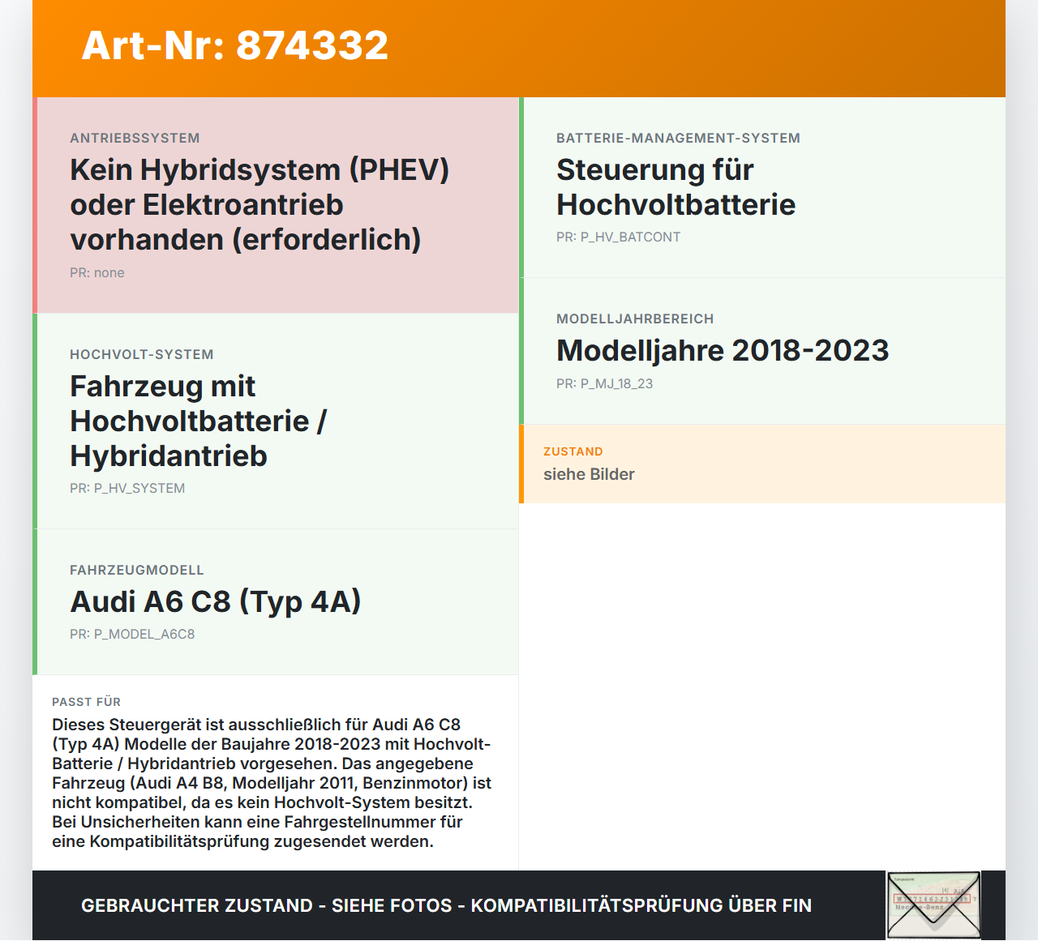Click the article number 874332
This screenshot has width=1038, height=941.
pos(312,45)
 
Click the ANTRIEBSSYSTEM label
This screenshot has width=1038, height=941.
pos(135,138)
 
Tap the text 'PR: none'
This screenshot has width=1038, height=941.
pos(97,272)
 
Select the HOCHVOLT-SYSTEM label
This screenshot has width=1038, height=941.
pos(142,354)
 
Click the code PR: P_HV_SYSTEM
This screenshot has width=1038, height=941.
pos(127,488)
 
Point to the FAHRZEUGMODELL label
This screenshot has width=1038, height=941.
pos(137,570)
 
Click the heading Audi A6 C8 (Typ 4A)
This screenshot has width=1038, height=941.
pos(216,601)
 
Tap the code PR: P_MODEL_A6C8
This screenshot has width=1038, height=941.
pos(132,634)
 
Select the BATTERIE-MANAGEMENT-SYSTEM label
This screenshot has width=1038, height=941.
pos(678,138)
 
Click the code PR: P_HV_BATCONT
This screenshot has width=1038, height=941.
pos(618,237)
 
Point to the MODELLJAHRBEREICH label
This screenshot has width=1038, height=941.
pos(635,319)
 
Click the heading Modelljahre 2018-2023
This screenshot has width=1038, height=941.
pos(723,350)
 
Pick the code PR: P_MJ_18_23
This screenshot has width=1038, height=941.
pos(604,383)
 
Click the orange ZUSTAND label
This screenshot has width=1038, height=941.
pos(573,451)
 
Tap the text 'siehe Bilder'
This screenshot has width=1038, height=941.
pos(589,474)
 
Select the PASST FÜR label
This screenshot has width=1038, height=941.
pos(86,702)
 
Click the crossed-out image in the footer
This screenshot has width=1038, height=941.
pos(933,905)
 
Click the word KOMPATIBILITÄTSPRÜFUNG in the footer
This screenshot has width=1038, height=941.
pos(596,905)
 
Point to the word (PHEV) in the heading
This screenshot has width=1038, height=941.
pos(399,170)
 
